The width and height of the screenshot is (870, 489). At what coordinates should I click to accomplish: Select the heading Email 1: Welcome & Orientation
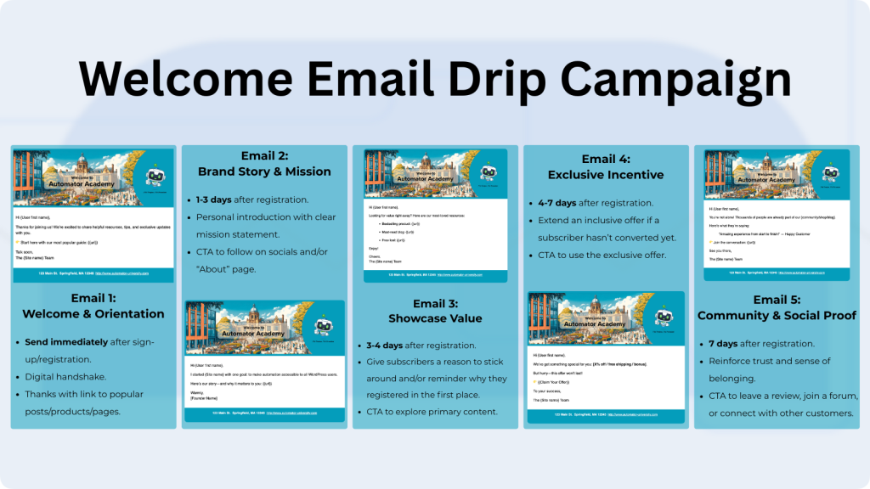tap(93, 306)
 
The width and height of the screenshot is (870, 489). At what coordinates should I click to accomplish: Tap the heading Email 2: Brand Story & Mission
tap(264, 164)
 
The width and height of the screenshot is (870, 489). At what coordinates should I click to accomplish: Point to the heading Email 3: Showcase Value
tap(435, 311)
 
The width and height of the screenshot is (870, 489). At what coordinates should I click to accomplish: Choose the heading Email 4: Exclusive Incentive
tap(606, 167)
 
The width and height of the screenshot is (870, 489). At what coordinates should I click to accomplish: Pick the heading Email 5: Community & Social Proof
tap(777, 307)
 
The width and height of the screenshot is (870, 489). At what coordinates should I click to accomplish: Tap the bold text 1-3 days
tap(214, 200)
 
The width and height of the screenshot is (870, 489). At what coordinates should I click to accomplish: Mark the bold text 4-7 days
tap(556, 204)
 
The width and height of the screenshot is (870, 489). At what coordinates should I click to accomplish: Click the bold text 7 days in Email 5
tap(726, 344)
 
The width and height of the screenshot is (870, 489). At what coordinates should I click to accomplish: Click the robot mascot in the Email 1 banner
tap(155, 176)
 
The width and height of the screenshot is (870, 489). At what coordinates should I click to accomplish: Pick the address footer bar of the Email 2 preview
tap(264, 413)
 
